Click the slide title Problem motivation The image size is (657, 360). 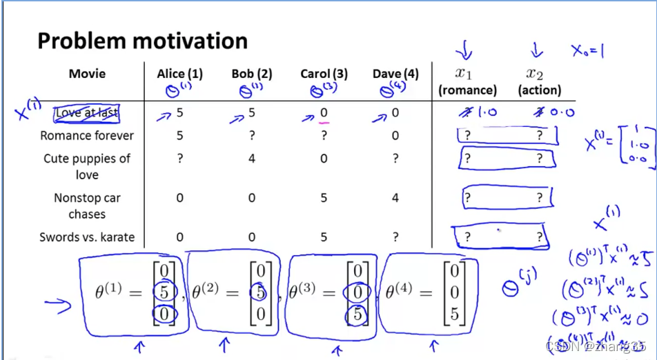click(142, 41)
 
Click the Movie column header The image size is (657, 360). click(87, 74)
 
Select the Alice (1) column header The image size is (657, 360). click(179, 74)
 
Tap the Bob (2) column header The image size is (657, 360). click(252, 74)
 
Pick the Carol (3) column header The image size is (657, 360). click(324, 74)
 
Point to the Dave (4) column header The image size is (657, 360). click(395, 74)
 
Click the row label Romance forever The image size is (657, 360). click(87, 136)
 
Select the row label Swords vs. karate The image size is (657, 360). click(87, 237)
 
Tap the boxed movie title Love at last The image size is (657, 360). click(87, 113)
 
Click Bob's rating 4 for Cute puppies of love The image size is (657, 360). click(252, 159)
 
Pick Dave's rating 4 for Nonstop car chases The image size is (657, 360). click(395, 199)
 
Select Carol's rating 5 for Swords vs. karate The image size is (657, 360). click(324, 237)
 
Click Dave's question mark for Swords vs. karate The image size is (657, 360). click(395, 237)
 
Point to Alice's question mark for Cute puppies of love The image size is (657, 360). click(179, 159)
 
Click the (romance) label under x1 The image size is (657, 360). click(467, 90)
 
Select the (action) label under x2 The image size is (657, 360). click(539, 90)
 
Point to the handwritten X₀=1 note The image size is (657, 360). click(587, 50)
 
